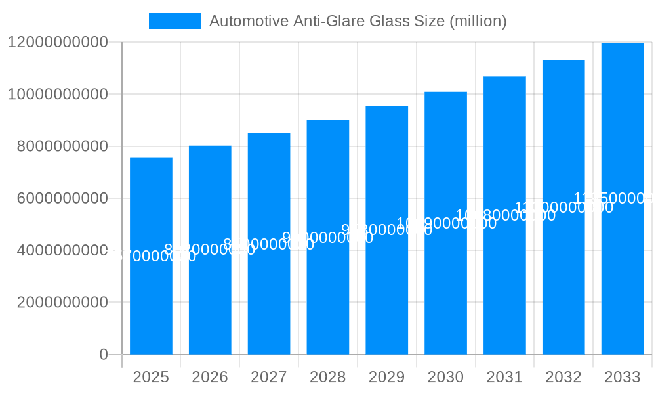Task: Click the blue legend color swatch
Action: pos(175,21)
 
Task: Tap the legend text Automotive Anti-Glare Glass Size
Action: pos(358,21)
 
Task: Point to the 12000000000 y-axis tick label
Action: pos(58,42)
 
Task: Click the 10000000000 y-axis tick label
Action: pos(58,94)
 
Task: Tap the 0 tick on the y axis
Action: pos(103,355)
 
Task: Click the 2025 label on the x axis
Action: pos(151,377)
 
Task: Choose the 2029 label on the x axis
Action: pos(386,377)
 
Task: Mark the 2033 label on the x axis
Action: pos(622,377)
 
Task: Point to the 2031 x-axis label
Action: pos(504,377)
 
